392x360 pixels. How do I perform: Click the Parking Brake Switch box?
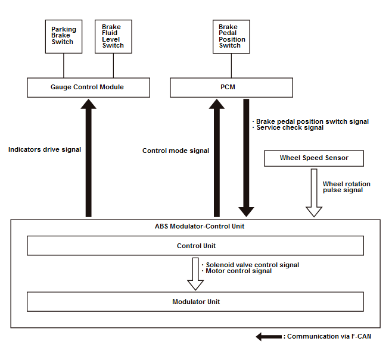click(64, 36)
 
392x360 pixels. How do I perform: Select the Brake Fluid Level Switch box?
click(114, 36)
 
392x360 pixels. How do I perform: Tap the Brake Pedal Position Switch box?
click(231, 36)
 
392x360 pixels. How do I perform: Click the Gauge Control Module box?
click(89, 87)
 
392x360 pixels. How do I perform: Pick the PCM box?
click(231, 87)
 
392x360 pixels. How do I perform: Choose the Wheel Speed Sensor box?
click(314, 158)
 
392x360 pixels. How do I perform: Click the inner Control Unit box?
click(195, 246)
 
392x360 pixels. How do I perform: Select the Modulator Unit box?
click(195, 302)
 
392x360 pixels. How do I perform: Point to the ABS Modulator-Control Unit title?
click(200, 226)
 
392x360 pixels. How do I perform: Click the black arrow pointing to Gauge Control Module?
click(89, 158)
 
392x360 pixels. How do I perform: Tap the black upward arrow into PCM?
click(217, 158)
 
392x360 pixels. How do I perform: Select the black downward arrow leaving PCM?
click(246, 158)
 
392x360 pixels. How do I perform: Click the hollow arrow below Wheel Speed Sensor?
click(314, 193)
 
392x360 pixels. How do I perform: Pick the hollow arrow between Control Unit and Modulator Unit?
click(195, 274)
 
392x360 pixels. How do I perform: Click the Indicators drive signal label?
click(45, 149)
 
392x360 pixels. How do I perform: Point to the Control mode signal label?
click(176, 151)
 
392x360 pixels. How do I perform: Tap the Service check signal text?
click(290, 127)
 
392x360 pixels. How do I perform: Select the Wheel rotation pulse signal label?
click(347, 187)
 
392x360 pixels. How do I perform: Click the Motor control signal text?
click(238, 271)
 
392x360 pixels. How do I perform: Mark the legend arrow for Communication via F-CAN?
click(269, 337)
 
